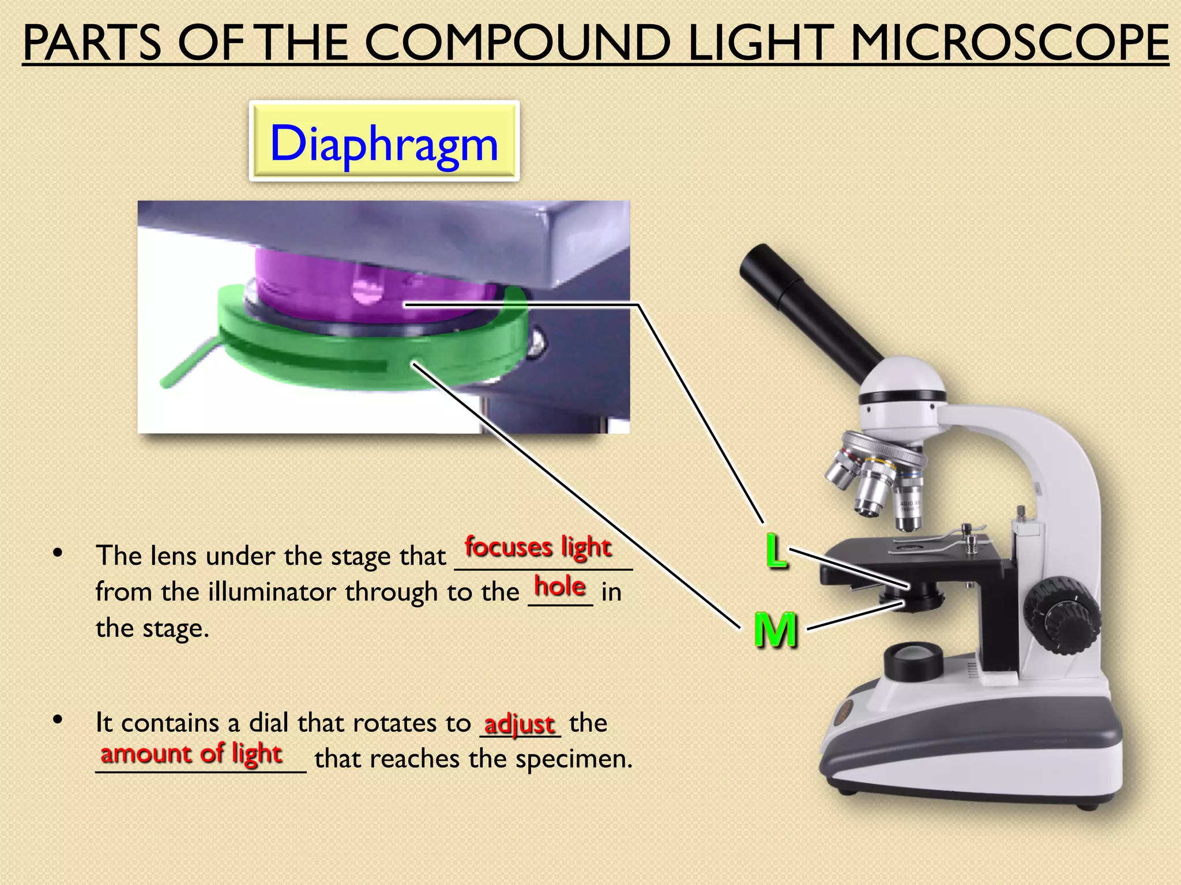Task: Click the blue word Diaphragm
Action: tap(384, 143)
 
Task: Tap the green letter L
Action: tap(776, 551)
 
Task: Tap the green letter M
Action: tap(776, 630)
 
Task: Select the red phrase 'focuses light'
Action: tap(537, 547)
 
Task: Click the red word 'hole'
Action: tap(560, 587)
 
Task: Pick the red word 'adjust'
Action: tap(519, 723)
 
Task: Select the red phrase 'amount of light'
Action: tap(191, 754)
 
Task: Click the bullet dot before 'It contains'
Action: tap(57, 720)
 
